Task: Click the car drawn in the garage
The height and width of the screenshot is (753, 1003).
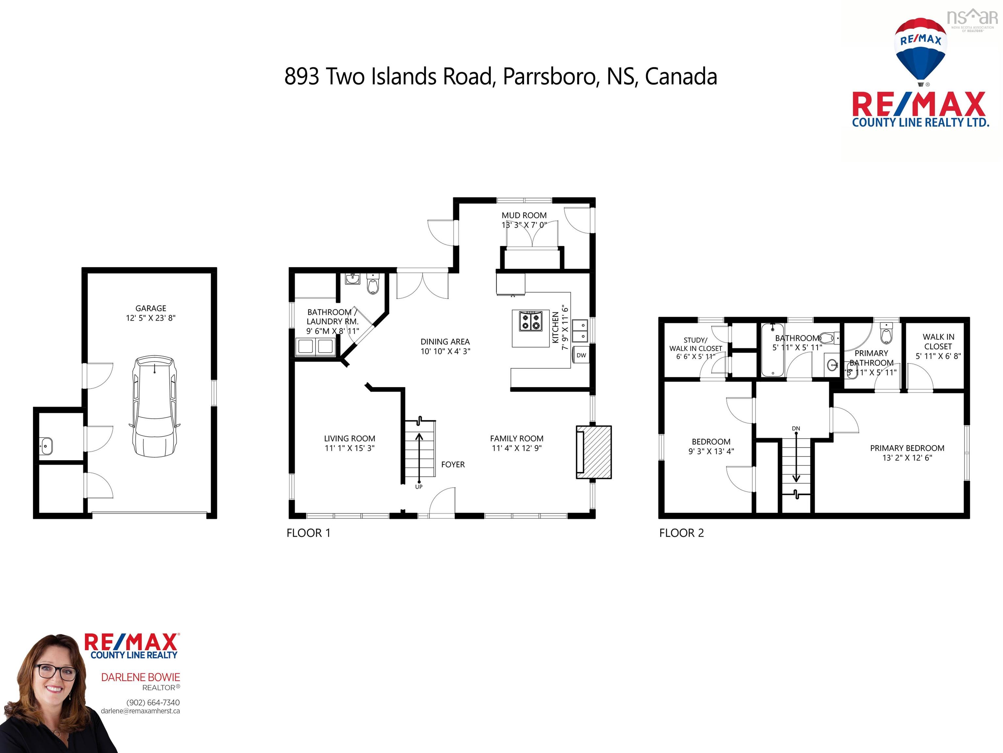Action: point(154,407)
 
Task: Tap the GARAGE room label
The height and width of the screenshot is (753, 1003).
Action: point(151,308)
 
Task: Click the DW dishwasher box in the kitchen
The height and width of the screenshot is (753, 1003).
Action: point(581,355)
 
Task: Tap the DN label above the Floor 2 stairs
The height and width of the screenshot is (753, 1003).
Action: point(796,428)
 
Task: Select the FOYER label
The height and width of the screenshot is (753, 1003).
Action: point(453,464)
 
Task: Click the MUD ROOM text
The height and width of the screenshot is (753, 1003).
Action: point(524,215)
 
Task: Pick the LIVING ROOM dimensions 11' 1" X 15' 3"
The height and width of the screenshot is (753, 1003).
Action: point(349,448)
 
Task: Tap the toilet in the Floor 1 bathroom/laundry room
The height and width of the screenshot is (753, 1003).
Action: point(372,285)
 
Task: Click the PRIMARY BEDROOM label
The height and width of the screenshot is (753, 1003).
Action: point(907,448)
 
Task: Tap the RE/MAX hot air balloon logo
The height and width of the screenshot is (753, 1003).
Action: point(920,50)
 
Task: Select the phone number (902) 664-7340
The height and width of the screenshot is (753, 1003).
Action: point(153,702)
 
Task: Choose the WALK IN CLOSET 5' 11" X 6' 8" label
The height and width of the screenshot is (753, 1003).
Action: point(938,346)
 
